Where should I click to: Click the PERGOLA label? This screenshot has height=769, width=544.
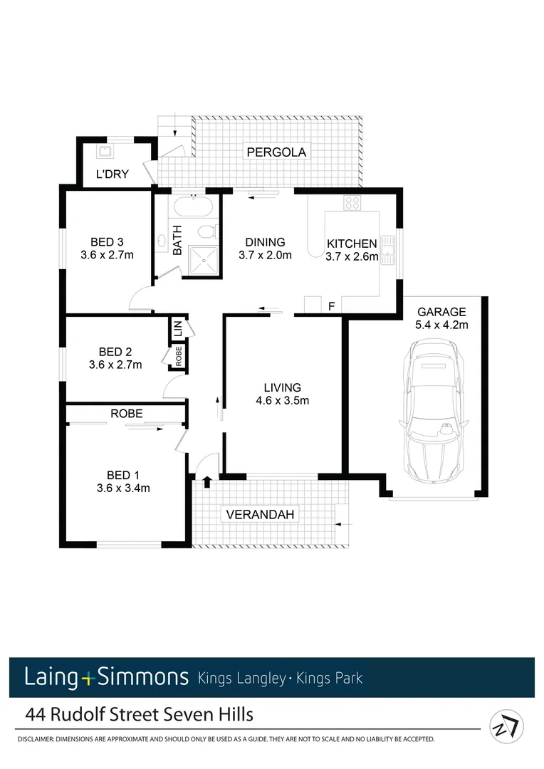[x=276, y=152]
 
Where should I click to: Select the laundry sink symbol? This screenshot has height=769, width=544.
[x=105, y=151]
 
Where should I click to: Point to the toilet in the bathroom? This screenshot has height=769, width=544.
[x=206, y=232]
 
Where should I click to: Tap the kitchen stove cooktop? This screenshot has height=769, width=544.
[x=352, y=203]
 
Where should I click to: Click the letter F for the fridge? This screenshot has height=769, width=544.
[x=330, y=307]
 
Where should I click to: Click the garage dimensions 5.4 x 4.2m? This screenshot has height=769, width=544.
[x=441, y=325]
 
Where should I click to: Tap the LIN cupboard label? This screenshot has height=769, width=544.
[x=177, y=329]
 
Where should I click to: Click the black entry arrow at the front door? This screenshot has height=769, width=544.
[x=207, y=482]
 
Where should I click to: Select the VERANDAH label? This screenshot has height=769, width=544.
[x=259, y=514]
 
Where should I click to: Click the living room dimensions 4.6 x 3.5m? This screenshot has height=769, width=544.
[x=283, y=400]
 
